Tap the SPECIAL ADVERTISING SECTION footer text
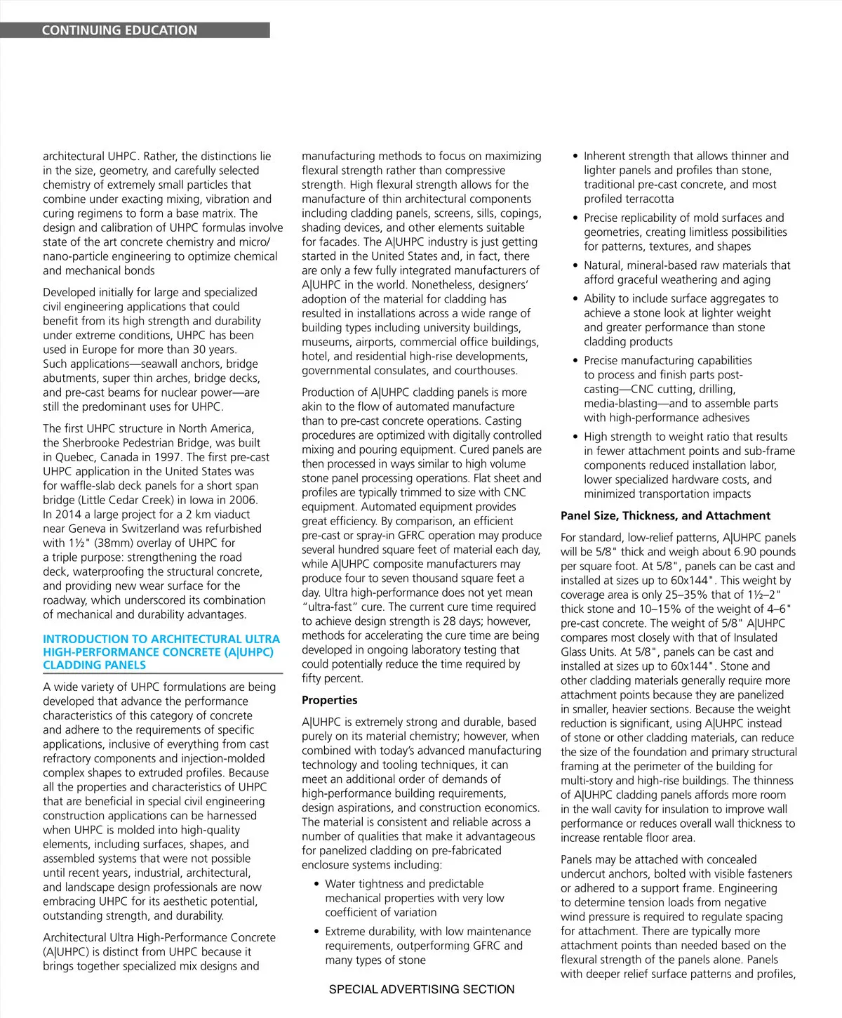421,989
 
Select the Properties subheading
329,700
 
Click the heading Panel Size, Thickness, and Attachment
665,515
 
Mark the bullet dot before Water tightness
317,884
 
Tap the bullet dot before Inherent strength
576,156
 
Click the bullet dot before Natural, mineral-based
576,265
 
